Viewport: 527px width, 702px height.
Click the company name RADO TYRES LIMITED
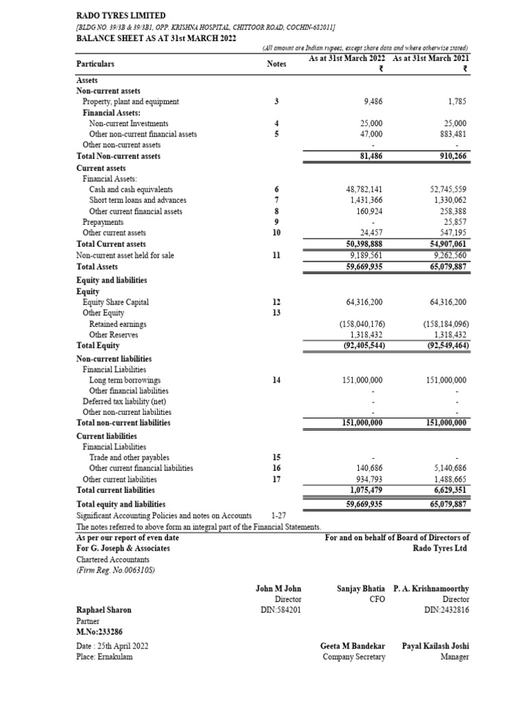[120, 15]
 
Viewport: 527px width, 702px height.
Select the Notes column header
[276, 64]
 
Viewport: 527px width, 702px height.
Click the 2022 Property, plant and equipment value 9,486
[373, 101]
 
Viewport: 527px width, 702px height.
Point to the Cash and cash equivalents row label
[130, 189]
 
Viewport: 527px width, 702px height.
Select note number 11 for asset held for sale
[276, 255]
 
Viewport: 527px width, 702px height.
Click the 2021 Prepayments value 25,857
[454, 222]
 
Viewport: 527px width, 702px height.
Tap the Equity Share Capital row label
[115, 302]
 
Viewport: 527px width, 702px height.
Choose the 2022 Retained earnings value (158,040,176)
[362, 324]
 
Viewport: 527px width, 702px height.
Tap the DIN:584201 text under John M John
[278, 609]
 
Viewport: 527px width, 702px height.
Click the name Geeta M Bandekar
[353, 646]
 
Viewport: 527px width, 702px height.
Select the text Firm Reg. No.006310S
[115, 570]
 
